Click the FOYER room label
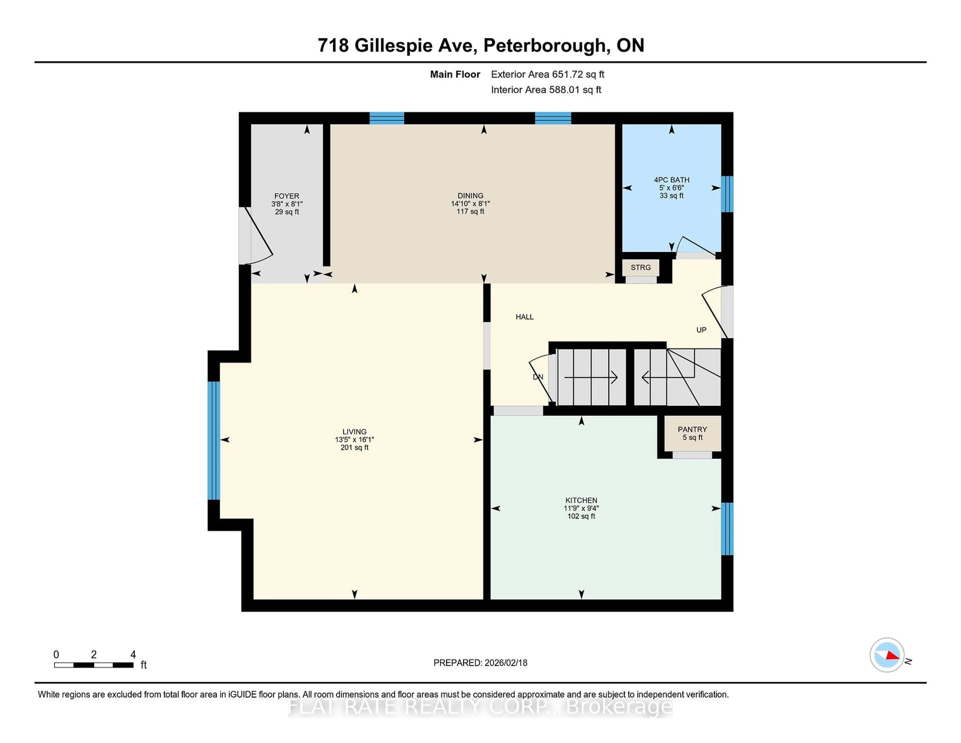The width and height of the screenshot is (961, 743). (287, 196)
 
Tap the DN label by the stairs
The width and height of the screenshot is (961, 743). (538, 377)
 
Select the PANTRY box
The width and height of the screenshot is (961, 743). (692, 433)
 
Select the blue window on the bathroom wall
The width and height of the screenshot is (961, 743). (727, 194)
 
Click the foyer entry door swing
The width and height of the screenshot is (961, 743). (260, 238)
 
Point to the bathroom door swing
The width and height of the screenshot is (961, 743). (695, 247)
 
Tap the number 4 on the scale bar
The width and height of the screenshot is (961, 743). (133, 655)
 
